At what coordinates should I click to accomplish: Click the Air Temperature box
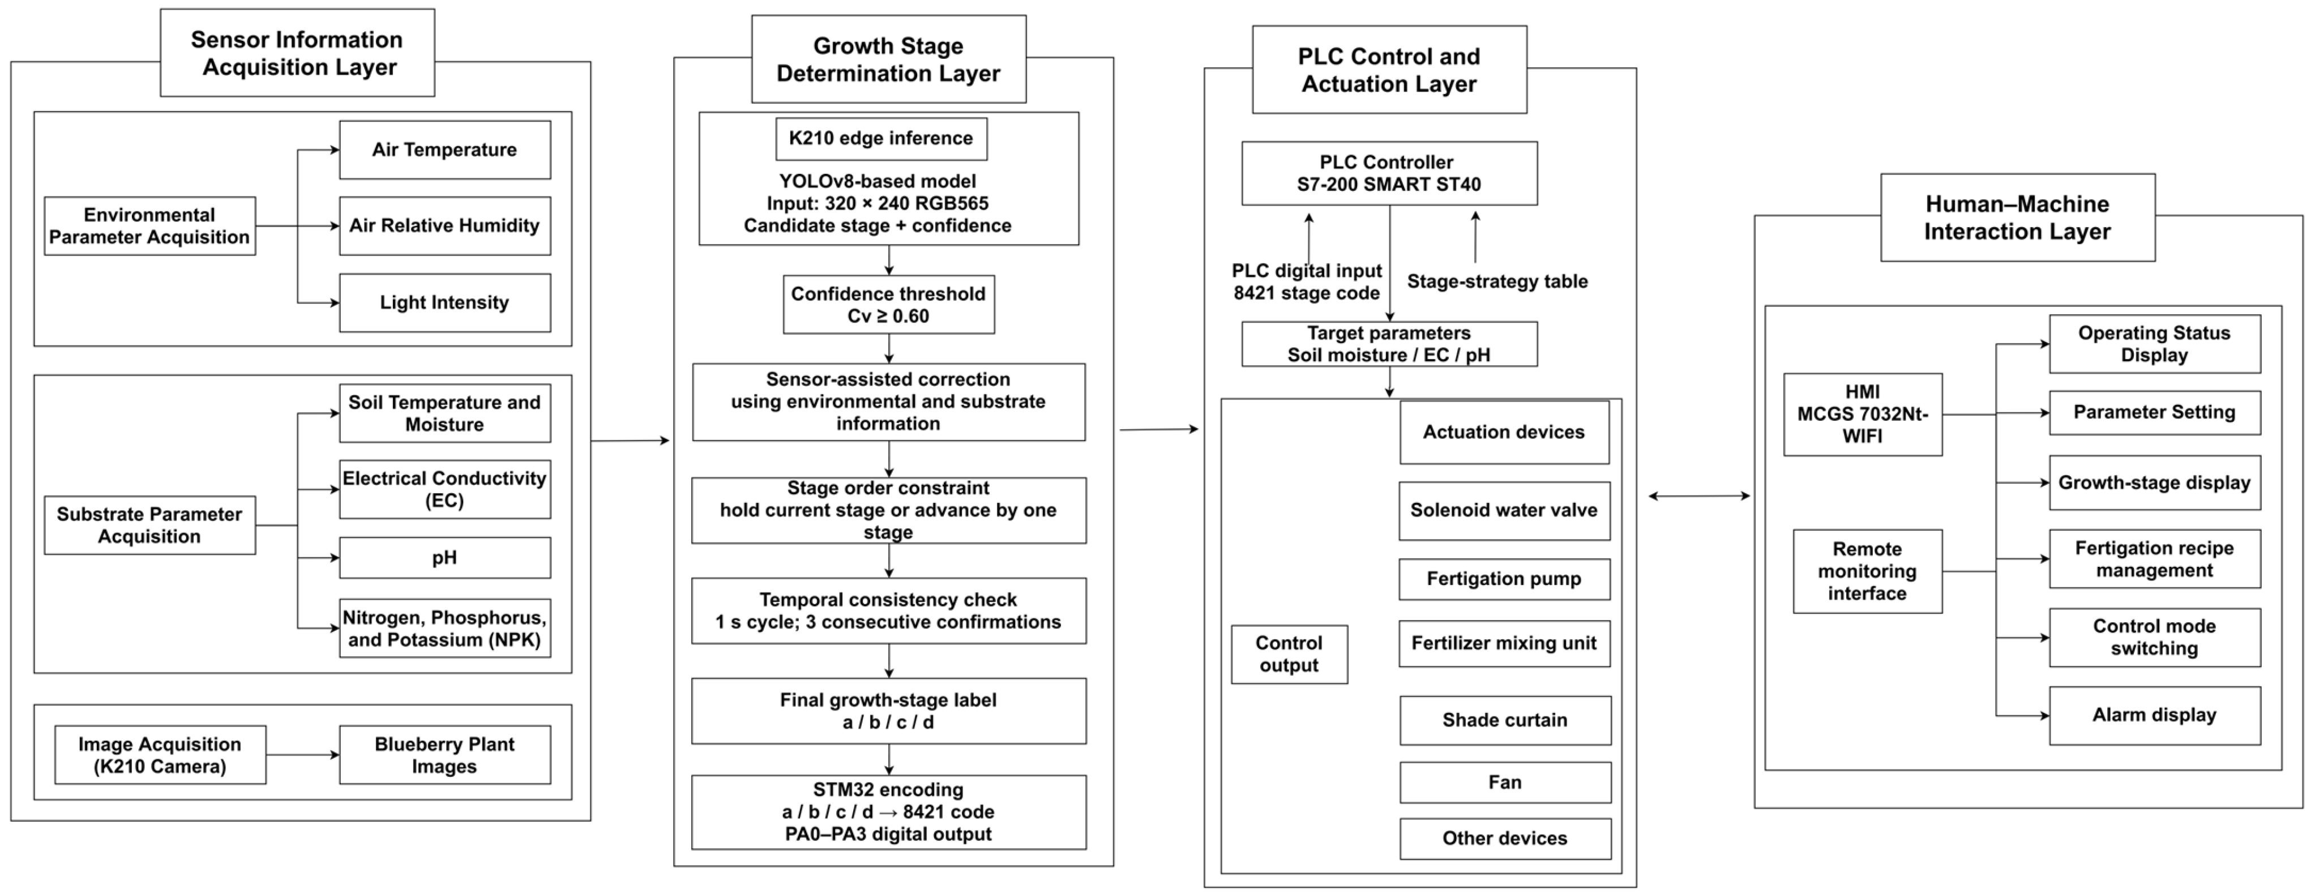click(x=445, y=150)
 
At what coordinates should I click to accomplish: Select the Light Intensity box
click(x=445, y=302)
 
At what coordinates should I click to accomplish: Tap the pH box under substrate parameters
click(x=445, y=557)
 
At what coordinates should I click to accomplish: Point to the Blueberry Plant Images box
click(x=445, y=755)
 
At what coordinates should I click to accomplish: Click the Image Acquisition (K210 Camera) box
click(x=161, y=755)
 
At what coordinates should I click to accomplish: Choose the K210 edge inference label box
click(x=881, y=138)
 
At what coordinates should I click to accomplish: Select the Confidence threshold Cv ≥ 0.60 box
click(x=888, y=304)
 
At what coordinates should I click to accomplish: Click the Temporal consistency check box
click(x=888, y=611)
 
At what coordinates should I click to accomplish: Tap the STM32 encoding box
click(x=888, y=812)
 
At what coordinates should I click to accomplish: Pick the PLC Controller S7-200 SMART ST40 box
click(x=1389, y=173)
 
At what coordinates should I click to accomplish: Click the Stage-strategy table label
click(x=1497, y=282)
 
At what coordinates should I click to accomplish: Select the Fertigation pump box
click(x=1504, y=579)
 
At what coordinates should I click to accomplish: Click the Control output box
click(x=1289, y=654)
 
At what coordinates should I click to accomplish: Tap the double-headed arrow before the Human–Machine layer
click(x=1699, y=495)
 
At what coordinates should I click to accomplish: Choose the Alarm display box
click(x=2155, y=715)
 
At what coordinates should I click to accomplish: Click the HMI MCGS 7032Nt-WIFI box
click(x=1863, y=415)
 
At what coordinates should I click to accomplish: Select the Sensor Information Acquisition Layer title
click(x=298, y=53)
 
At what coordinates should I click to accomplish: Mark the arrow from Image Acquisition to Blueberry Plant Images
click(x=303, y=755)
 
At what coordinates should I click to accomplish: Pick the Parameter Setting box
click(x=2155, y=413)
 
